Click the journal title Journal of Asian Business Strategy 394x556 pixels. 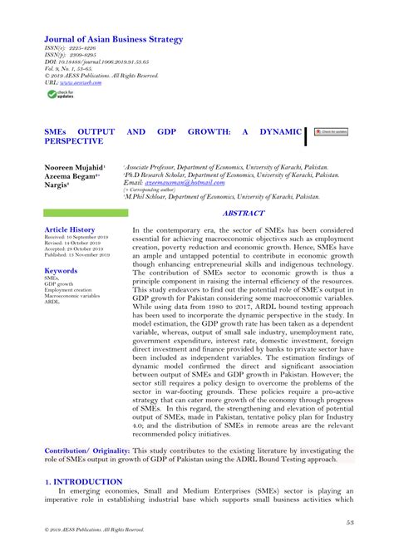coord(113,39)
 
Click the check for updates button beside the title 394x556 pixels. coord(330,132)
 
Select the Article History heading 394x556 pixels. coord(70,229)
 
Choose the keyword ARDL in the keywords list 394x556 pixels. coord(52,301)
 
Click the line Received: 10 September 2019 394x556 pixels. coord(76,237)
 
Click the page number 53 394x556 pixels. coord(351,522)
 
